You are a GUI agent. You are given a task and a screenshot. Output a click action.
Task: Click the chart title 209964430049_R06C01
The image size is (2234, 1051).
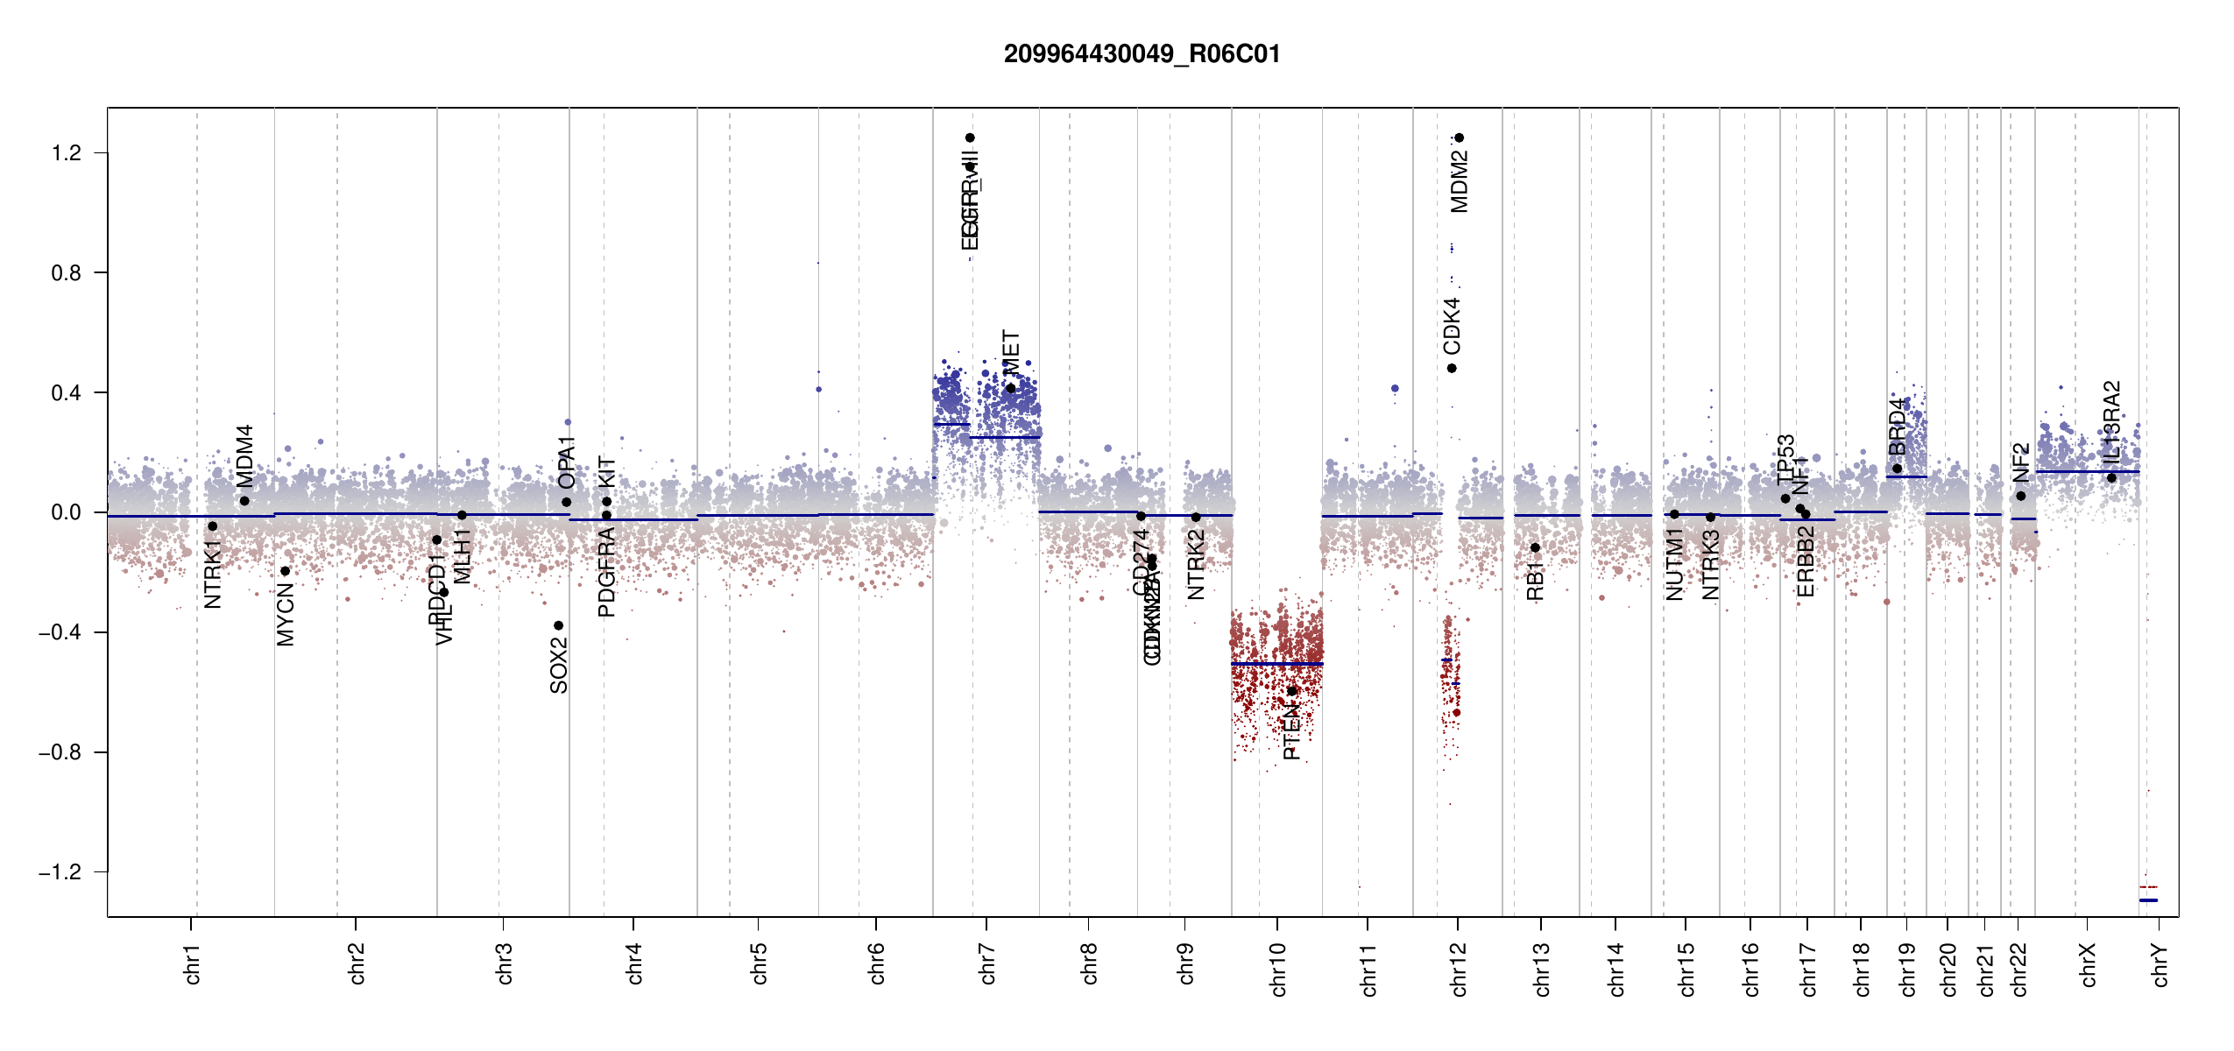(x=1142, y=54)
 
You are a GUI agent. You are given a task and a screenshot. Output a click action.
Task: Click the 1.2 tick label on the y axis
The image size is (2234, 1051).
(x=66, y=153)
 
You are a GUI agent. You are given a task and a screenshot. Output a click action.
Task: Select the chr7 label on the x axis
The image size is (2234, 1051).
(x=987, y=963)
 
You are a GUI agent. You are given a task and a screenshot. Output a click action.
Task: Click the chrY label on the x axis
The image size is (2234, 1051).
(x=2160, y=964)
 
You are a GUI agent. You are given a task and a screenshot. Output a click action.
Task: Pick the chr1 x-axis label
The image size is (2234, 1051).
(x=193, y=963)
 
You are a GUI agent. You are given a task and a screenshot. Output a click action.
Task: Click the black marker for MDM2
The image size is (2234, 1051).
(x=1460, y=138)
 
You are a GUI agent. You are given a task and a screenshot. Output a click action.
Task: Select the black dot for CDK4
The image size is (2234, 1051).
(x=1452, y=368)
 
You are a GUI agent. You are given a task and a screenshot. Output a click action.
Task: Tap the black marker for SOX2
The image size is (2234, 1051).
(x=558, y=625)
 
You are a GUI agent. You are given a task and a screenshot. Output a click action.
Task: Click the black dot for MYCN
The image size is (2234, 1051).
(x=285, y=571)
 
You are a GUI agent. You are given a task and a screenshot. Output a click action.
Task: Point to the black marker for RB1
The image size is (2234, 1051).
(x=1535, y=547)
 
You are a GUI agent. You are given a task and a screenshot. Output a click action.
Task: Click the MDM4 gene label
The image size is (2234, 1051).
(x=244, y=456)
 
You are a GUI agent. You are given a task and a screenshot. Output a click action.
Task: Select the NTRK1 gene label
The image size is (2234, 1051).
(x=213, y=575)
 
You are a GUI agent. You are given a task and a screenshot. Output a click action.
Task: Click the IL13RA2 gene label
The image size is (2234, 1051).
(x=2111, y=422)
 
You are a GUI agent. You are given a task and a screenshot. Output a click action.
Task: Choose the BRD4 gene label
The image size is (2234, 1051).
(x=1897, y=427)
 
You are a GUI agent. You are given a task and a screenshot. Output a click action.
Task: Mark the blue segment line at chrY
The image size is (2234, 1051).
(x=2148, y=900)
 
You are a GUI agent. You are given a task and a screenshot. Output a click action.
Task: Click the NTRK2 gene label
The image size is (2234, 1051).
(x=1196, y=565)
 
